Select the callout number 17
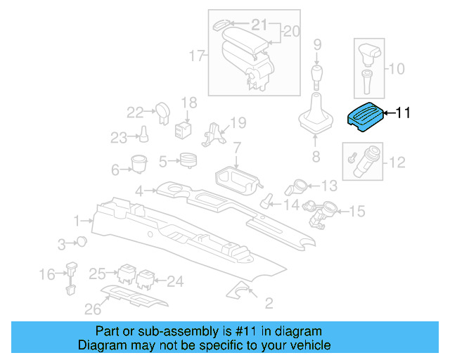click(x=197, y=55)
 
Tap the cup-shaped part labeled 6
click(x=138, y=163)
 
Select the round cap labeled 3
click(x=83, y=242)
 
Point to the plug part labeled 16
click(x=71, y=275)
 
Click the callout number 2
click(x=269, y=304)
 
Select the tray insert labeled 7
click(x=234, y=179)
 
